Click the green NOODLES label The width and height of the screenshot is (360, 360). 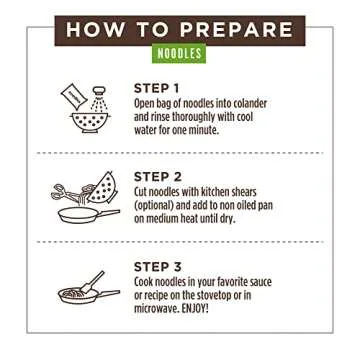180,50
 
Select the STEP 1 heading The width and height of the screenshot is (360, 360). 157,87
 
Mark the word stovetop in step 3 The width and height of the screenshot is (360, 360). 237,295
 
